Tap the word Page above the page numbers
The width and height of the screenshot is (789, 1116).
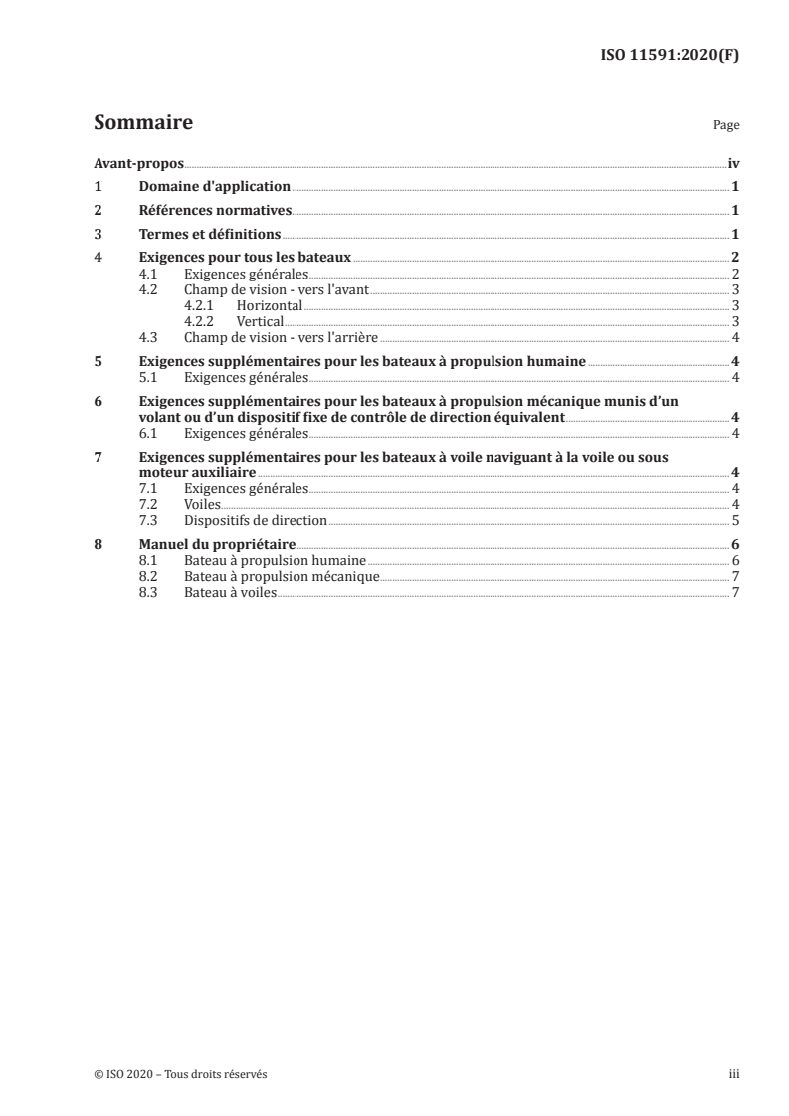725,126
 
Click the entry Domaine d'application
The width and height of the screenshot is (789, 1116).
214,187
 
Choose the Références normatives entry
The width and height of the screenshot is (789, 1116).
215,211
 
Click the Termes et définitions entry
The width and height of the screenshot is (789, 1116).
210,235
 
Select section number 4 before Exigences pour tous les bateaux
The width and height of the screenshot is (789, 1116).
98,259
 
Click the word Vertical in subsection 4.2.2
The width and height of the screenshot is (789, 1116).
260,321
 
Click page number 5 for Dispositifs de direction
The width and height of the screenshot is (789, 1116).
734,520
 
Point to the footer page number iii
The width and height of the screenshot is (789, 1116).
732,1074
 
